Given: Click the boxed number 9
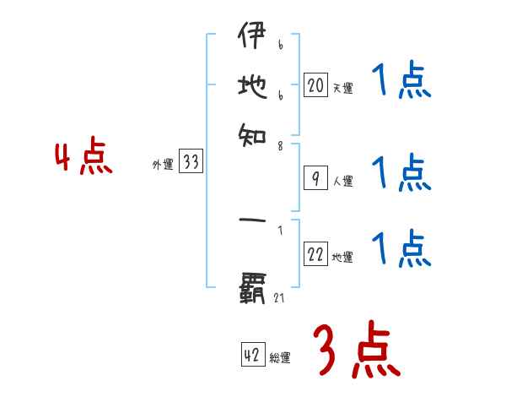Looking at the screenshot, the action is click(x=315, y=178).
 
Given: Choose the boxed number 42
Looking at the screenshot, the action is click(x=252, y=356).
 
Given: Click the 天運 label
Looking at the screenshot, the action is click(x=342, y=88).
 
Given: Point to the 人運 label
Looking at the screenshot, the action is click(x=342, y=181).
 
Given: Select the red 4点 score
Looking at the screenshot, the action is click(x=83, y=159).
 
